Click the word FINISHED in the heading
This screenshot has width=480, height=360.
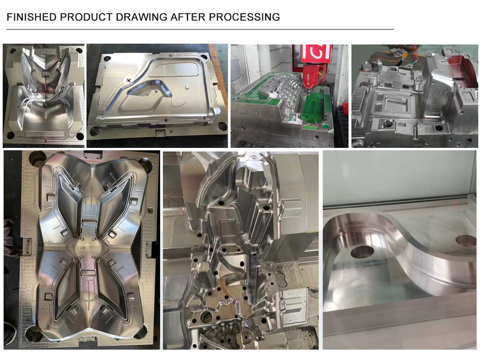click(x=32, y=17)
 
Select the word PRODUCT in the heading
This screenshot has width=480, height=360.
click(x=86, y=17)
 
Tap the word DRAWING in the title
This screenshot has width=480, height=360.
click(x=141, y=17)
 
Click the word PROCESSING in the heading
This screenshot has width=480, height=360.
click(x=244, y=17)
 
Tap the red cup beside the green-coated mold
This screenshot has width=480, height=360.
click(x=345, y=109)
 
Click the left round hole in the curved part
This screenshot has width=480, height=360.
click(x=362, y=252)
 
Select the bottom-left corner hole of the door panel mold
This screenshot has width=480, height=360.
click(x=95, y=132)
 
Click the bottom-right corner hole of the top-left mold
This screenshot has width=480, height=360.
click(x=80, y=137)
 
